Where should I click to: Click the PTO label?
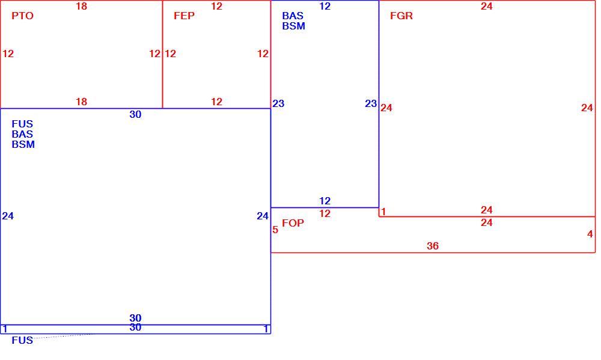(23, 16)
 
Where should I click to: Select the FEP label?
(184, 16)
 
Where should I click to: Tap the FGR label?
(401, 16)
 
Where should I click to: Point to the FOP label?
(293, 223)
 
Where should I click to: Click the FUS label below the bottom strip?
(22, 340)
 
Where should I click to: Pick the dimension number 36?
(433, 246)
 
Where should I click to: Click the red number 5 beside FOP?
(275, 230)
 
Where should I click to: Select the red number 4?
(590, 234)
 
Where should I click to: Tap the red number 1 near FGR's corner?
(383, 212)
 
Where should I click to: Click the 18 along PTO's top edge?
(81, 6)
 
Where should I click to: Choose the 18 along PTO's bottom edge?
(81, 102)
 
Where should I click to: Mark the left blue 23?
(278, 103)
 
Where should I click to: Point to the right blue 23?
(371, 103)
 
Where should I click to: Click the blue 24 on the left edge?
(8, 216)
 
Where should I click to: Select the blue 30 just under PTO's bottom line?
(135, 114)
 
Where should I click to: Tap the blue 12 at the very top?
(325, 6)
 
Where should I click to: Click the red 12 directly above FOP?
(325, 213)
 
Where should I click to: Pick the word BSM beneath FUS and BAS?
(23, 144)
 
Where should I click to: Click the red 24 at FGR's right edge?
(587, 108)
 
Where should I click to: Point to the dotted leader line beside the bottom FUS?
(64, 336)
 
